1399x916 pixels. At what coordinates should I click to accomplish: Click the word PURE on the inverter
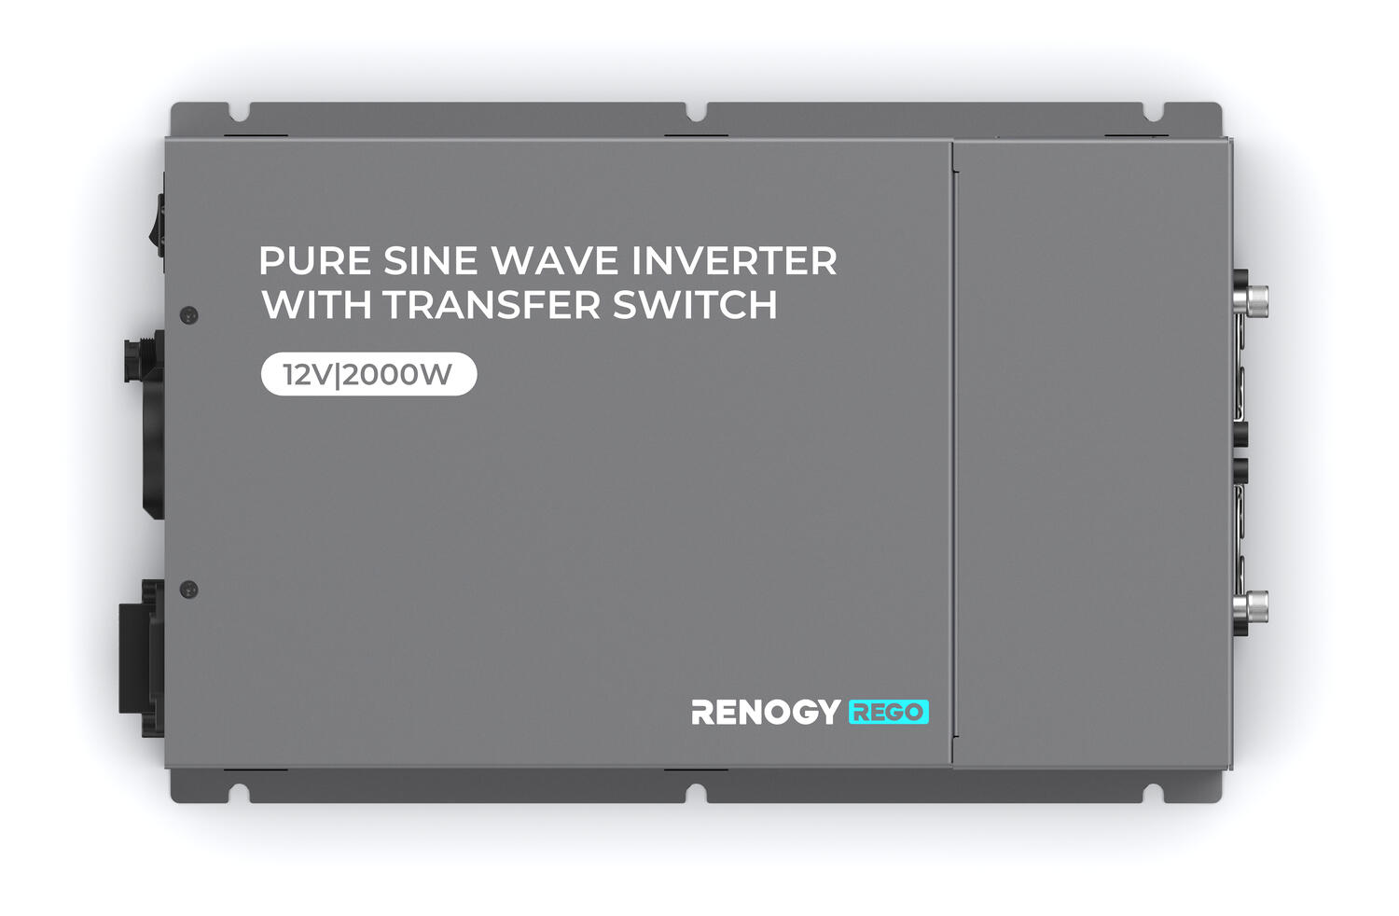[x=315, y=260]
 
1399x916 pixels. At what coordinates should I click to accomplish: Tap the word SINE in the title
[x=430, y=260]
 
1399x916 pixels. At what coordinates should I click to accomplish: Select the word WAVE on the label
[x=554, y=260]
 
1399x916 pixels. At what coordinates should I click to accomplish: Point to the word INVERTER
[x=734, y=260]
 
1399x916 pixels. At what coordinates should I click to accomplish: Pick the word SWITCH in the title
[x=695, y=304]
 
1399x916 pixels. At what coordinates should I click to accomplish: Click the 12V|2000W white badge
[x=368, y=374]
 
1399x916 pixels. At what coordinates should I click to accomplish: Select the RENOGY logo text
[x=766, y=713]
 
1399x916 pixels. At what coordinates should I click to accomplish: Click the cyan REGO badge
[x=888, y=713]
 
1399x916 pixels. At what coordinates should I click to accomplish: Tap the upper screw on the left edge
[x=188, y=315]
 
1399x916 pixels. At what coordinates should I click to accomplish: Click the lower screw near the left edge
[x=188, y=590]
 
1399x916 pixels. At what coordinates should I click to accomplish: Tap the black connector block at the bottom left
[x=142, y=658]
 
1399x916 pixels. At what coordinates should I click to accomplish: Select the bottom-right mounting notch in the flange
[x=1154, y=794]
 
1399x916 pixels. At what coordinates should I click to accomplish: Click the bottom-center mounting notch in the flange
[x=697, y=794]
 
